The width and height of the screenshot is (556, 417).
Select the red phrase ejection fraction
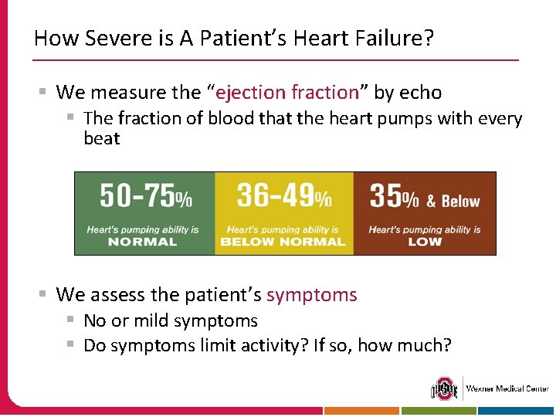287,93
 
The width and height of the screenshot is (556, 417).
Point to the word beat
102,139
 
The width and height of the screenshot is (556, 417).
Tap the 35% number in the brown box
394,197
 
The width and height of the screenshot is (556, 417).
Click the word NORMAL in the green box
142,242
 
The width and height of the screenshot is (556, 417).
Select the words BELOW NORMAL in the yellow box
283,242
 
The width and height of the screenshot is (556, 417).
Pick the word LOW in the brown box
424,242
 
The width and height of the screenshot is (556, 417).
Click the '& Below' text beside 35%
453,202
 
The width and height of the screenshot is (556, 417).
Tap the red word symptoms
312,295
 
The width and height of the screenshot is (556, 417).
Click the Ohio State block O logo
444,388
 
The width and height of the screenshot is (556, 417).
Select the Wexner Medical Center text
507,388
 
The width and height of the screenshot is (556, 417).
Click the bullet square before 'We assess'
45,294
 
